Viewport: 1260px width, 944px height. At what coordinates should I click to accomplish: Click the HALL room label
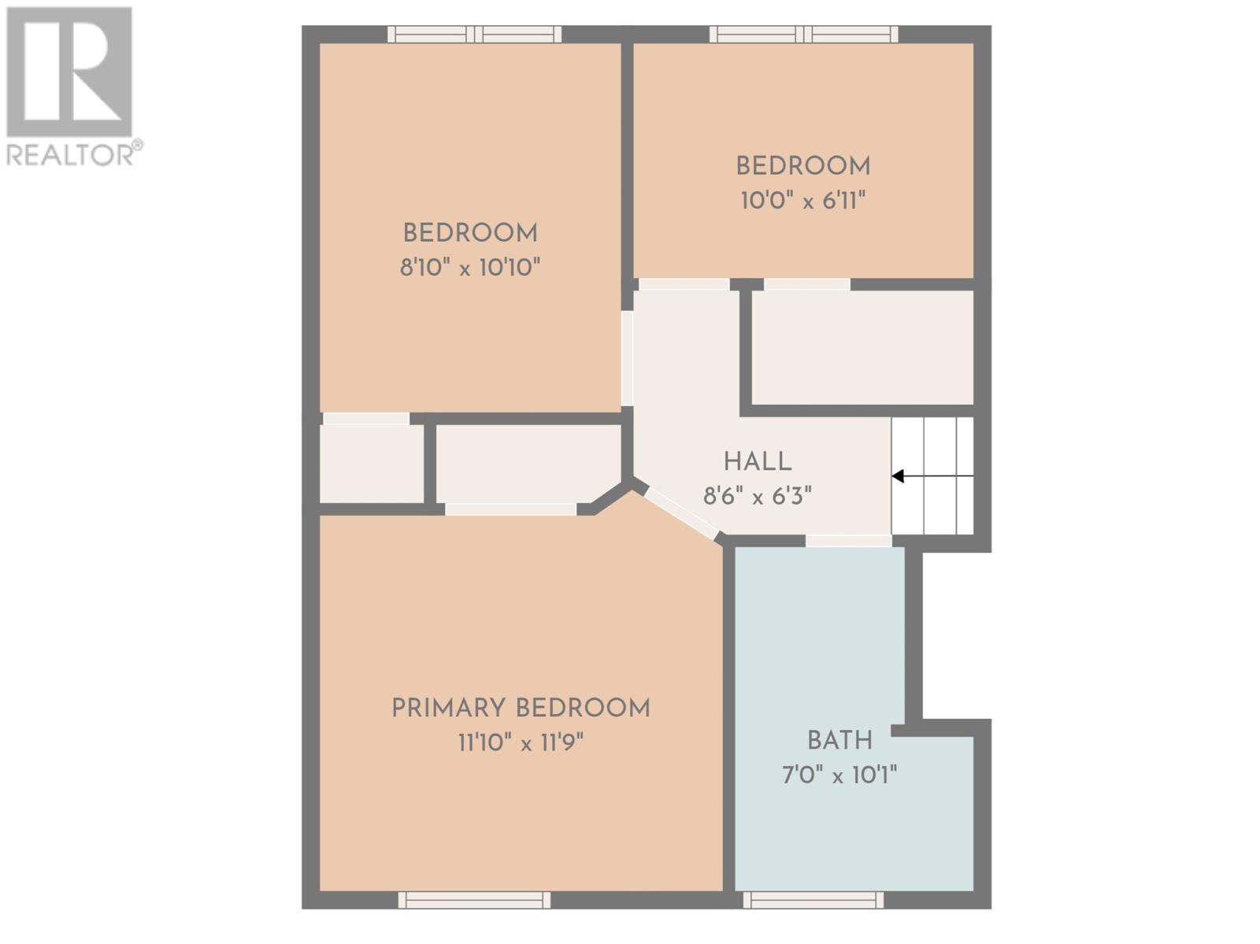[x=757, y=462]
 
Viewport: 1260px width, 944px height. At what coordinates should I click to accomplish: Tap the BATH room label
[x=839, y=740]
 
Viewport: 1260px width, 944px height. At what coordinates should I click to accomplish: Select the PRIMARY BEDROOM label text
[x=521, y=708]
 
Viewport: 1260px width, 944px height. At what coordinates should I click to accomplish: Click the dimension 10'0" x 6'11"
[x=803, y=201]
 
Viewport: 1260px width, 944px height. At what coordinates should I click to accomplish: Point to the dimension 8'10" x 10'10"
[x=470, y=268]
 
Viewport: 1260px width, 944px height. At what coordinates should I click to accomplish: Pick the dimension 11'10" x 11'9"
[x=521, y=743]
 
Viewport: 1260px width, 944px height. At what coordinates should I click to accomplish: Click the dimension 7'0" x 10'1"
[x=839, y=776]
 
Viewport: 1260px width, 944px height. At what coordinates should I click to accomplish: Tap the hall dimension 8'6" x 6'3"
[x=757, y=496]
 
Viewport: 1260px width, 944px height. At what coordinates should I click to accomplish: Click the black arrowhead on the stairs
[x=898, y=476]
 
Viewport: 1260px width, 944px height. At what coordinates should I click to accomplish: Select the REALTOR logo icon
[x=69, y=72]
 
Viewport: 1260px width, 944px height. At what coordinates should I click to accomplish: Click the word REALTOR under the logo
[x=70, y=155]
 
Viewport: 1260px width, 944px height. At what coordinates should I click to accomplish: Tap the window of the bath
[x=813, y=900]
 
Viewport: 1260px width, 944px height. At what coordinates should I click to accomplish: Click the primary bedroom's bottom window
[x=474, y=900]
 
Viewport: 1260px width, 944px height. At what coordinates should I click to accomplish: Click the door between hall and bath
[x=848, y=541]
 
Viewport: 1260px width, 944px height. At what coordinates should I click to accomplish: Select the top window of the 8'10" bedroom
[x=474, y=35]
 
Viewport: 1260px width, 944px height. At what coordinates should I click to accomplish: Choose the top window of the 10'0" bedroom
[x=804, y=35]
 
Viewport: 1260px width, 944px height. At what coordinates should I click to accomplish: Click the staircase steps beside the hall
[x=932, y=476]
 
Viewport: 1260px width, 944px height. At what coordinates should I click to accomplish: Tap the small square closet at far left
[x=372, y=463]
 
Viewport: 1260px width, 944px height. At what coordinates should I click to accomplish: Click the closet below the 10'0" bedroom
[x=863, y=347]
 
